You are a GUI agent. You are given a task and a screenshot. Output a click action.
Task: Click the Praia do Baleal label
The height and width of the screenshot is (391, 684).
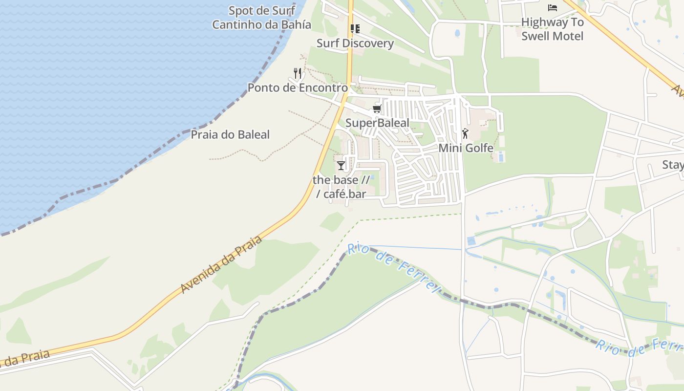230,135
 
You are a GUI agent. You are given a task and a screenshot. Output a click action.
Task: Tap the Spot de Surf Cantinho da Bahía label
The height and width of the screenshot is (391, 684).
261,18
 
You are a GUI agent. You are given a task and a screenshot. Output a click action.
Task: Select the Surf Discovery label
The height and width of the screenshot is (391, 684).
355,43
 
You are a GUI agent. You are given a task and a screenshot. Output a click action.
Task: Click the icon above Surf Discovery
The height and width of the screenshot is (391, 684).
355,29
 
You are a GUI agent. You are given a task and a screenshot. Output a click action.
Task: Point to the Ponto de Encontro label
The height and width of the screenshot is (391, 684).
298,88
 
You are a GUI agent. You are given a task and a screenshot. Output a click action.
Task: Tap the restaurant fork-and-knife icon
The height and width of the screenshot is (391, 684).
298,73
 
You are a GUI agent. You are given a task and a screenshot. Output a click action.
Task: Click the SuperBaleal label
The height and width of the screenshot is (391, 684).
377,123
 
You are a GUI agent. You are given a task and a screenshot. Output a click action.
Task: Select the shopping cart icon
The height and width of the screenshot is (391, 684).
377,109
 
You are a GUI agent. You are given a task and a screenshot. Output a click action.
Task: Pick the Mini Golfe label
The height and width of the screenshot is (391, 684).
466,148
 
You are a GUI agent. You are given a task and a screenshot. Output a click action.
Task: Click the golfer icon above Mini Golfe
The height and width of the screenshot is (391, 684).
465,133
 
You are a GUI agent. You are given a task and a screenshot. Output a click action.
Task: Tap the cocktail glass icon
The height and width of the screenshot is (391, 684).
341,166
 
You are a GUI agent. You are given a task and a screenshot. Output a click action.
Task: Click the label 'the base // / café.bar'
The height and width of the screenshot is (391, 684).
341,187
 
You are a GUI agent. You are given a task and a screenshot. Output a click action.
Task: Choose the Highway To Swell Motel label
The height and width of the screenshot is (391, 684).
552,29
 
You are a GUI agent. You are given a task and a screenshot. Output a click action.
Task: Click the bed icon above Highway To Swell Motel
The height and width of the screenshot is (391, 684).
553,8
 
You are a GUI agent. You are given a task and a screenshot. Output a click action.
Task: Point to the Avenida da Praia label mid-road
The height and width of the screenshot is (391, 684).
221,264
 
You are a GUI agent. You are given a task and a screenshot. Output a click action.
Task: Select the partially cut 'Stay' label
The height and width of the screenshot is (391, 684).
673,165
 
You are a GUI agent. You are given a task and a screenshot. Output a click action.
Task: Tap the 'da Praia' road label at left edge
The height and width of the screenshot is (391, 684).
27,358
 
